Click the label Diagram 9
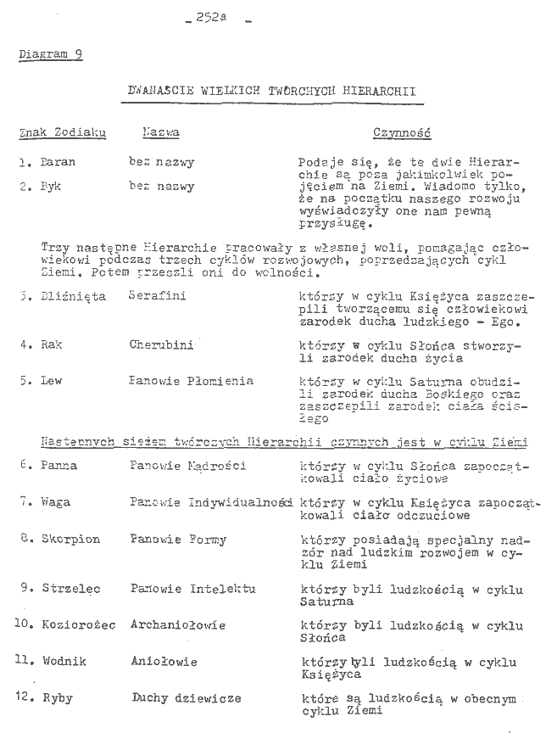coord(50,56)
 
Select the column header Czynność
coord(402,133)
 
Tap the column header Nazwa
coord(160,133)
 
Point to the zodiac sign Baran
coord(58,161)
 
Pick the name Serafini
coord(158,296)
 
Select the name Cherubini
coord(162,345)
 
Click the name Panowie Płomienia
coord(192,382)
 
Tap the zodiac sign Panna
coord(58,465)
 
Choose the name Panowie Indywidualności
coord(211,502)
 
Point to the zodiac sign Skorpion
coord(70,539)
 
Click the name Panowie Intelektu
coord(193,588)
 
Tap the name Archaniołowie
coord(178,625)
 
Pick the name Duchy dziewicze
coord(186,698)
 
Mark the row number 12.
coord(24,698)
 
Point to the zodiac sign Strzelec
coord(70,588)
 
